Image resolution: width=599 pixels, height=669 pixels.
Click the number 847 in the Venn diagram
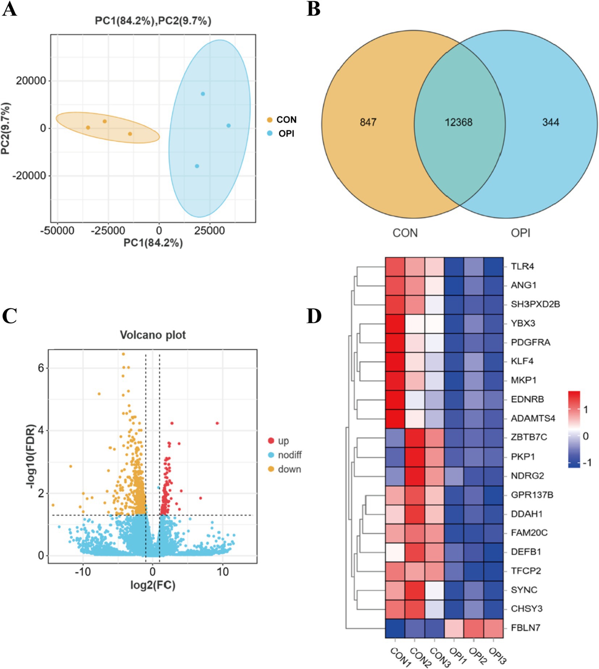368,122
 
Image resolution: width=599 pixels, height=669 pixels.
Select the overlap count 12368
458,122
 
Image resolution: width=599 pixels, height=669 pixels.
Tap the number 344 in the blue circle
550,122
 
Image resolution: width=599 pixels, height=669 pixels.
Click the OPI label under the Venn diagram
520,233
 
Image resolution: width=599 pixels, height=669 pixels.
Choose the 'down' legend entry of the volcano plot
289,469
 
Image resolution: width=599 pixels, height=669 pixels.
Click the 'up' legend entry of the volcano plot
283,441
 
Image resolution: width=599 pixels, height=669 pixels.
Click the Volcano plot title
153,335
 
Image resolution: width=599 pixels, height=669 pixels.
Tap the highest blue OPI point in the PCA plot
203,94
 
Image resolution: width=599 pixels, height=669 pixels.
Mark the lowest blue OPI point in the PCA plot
197,166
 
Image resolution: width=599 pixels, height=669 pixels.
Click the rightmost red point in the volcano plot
217,423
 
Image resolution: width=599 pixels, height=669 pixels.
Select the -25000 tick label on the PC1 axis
108,231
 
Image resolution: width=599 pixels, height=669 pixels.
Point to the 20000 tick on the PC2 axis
31,81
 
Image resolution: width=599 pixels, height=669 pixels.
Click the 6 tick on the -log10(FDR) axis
41,368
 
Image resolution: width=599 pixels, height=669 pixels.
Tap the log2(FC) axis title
153,585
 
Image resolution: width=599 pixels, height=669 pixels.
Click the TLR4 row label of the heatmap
522,266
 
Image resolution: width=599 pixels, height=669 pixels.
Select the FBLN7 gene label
525,628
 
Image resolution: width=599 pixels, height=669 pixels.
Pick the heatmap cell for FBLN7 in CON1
395,628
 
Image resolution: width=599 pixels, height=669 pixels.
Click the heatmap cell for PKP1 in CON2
415,456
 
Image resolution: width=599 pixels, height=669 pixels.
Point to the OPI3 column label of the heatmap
497,656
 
